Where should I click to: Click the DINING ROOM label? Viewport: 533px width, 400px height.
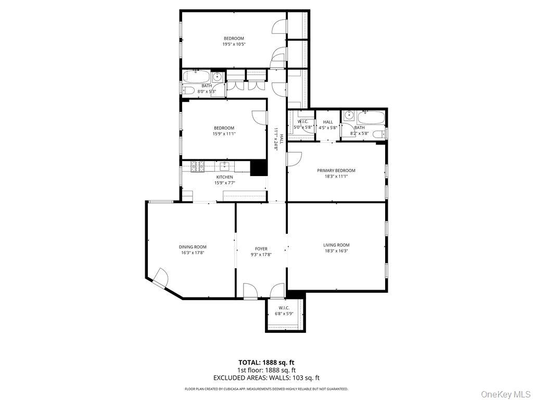tap(193, 247)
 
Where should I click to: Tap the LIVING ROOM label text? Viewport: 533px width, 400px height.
tap(336, 245)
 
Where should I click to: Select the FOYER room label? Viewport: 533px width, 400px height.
tap(261, 249)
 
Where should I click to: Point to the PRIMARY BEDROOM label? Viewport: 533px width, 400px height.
tap(336, 170)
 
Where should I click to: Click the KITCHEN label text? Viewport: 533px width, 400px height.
tap(224, 177)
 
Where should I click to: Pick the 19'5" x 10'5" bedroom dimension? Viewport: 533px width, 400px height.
tap(234, 45)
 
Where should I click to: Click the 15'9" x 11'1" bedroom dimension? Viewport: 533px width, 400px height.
tap(224, 134)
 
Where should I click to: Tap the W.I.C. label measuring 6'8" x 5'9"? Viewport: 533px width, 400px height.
tap(284, 308)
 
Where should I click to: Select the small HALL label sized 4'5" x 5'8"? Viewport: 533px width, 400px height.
tap(328, 122)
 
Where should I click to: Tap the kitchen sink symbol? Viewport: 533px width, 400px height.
tap(225, 167)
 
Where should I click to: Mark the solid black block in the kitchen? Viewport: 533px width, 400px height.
tap(259, 168)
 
